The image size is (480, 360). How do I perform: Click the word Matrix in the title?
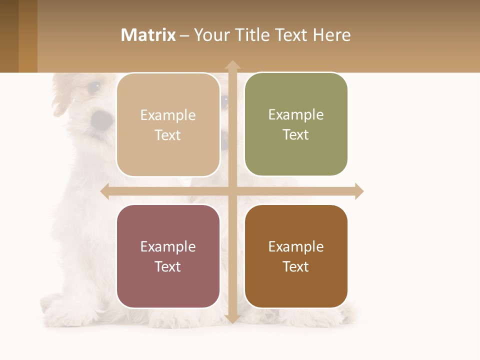coord(148,35)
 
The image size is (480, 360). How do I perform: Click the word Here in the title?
coord(331,35)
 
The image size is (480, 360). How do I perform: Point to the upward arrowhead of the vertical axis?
coord(232,65)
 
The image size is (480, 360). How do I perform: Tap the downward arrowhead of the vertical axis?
coord(232,318)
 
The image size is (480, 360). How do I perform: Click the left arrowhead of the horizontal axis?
coord(105,191)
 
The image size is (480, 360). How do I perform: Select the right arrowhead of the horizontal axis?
coord(358,191)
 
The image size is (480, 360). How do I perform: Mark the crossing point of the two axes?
coord(232,191)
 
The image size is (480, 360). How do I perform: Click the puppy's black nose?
coord(102,119)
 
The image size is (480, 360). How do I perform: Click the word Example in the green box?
coord(296,115)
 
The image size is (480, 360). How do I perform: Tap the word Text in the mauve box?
coord(168,266)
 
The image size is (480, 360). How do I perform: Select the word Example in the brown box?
coord(296,246)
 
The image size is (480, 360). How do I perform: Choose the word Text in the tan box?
coord(168,135)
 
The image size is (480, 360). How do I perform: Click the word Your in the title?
coord(212,35)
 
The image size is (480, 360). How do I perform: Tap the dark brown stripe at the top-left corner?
coord(9,36)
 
